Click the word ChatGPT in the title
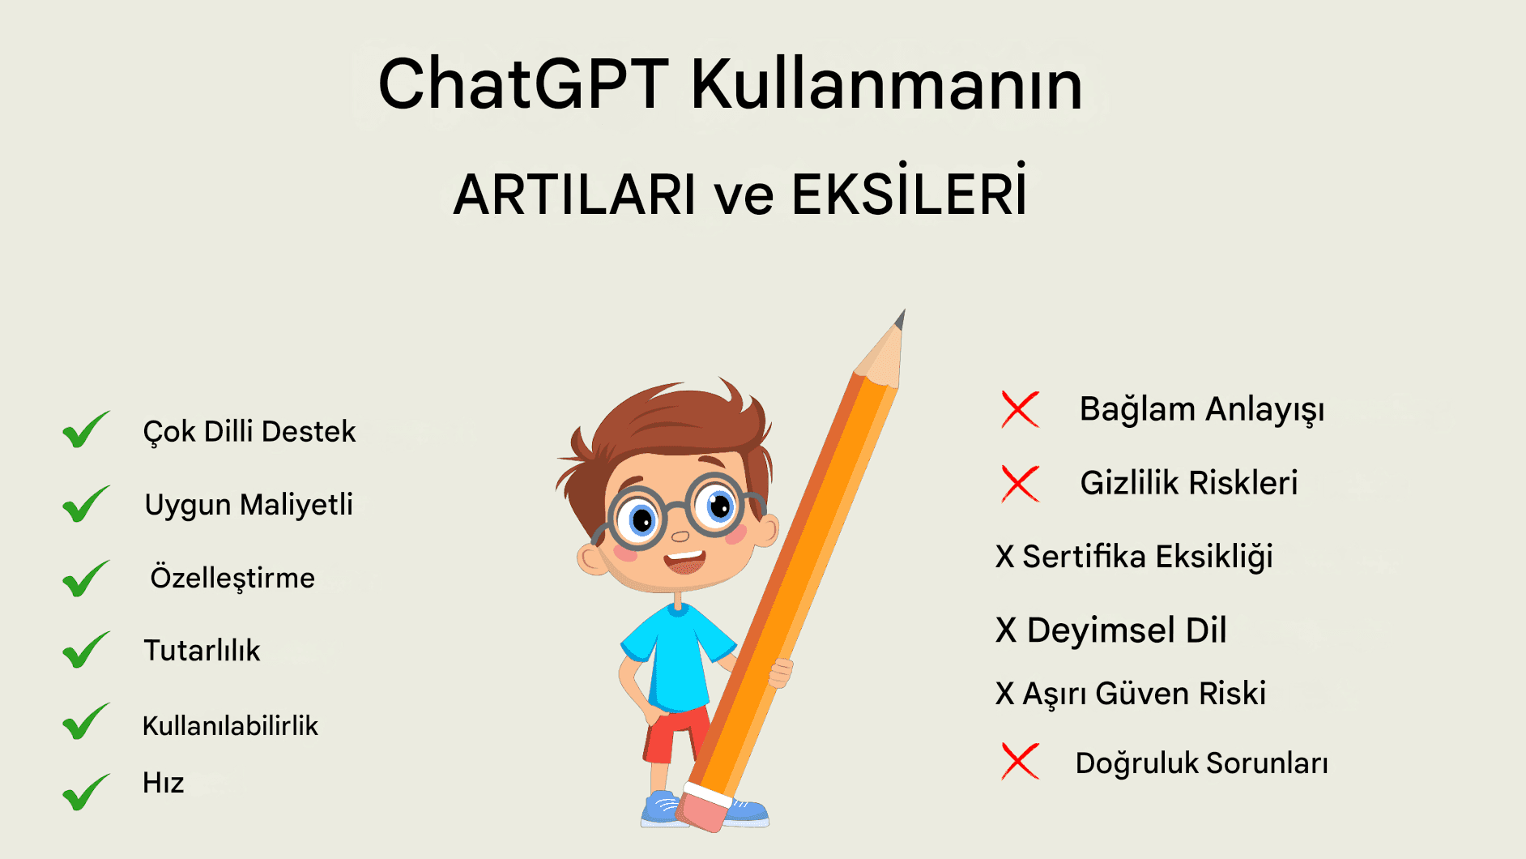pyautogui.click(x=523, y=84)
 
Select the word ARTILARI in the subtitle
pyautogui.click(x=574, y=194)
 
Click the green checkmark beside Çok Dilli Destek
pyautogui.click(x=86, y=429)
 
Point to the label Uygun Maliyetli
pyautogui.click(x=249, y=505)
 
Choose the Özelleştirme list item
pyautogui.click(x=232, y=578)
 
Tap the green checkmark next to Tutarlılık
pyautogui.click(x=86, y=649)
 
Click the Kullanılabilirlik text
pyautogui.click(x=230, y=725)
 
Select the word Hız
pyautogui.click(x=163, y=783)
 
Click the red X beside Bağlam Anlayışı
pyautogui.click(x=1020, y=409)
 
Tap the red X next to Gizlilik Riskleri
pyautogui.click(x=1020, y=483)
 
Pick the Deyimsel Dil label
pyautogui.click(x=1127, y=630)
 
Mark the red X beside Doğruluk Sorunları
pyautogui.click(x=1020, y=761)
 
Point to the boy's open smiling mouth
pyautogui.click(x=684, y=561)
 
